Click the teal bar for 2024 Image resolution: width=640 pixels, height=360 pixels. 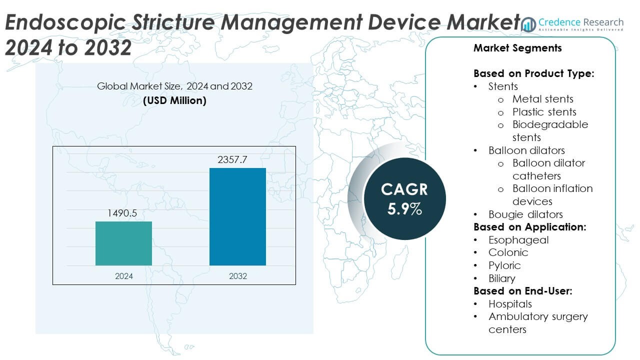coord(123,243)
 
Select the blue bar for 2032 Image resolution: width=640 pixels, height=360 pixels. coord(237,216)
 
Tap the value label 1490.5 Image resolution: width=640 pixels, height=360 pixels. coord(122,213)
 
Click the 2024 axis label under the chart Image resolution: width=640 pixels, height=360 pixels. coord(123,275)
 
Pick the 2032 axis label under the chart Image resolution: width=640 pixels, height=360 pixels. coord(237,275)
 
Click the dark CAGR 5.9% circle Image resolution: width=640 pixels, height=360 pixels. coord(404,198)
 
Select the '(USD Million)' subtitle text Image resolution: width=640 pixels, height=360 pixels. coord(174,100)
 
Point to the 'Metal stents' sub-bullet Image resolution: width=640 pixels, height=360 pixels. coord(542,99)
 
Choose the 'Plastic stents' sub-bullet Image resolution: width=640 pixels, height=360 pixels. coord(544,112)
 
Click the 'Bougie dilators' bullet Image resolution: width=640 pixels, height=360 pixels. coord(525,214)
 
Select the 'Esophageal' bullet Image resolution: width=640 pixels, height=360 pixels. coord(518,240)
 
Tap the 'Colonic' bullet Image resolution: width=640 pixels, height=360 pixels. coord(508,252)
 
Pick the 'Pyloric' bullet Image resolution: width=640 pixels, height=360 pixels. coord(504,265)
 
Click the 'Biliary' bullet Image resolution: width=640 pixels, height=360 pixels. coord(501,278)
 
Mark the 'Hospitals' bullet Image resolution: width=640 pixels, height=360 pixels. coord(510,304)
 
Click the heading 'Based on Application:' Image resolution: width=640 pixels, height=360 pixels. coord(529,227)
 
